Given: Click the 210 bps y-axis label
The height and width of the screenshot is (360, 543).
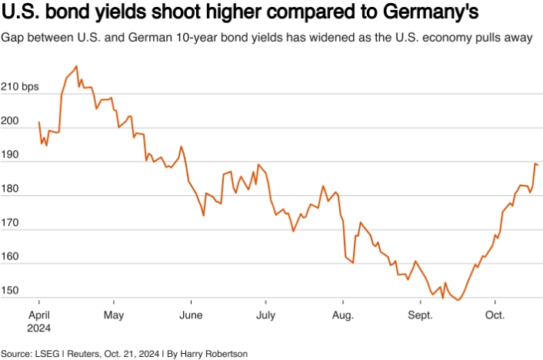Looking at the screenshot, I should [x=19, y=87].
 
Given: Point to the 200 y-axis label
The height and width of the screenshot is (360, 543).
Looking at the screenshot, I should [x=12, y=121].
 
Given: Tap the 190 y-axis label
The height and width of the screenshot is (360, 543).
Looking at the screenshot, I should [x=12, y=155].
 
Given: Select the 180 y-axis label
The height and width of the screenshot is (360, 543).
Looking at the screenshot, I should [x=12, y=188].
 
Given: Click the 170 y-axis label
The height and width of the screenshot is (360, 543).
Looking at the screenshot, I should [x=12, y=222].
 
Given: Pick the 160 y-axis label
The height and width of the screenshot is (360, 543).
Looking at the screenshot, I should [x=12, y=256].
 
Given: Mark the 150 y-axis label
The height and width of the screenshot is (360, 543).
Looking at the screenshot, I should [x=12, y=290].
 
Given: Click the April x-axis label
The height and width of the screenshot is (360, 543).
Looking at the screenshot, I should [x=38, y=315].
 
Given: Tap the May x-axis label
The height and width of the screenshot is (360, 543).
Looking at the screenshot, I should [x=113, y=315].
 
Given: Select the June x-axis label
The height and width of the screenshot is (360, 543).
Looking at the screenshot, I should [x=190, y=315].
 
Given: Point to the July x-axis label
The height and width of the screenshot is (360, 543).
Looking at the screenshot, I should [x=265, y=315].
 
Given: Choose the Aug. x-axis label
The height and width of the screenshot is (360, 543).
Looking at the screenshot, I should [x=342, y=315].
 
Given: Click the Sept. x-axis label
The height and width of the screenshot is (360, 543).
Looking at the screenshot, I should [x=420, y=315].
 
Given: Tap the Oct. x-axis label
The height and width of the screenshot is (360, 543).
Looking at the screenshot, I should [x=495, y=315].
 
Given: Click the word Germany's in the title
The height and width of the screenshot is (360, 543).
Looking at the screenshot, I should [x=428, y=15].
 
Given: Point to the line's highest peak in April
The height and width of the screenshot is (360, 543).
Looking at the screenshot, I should [x=76, y=66].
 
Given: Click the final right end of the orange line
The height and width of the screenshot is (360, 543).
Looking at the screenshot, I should [x=537, y=165].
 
